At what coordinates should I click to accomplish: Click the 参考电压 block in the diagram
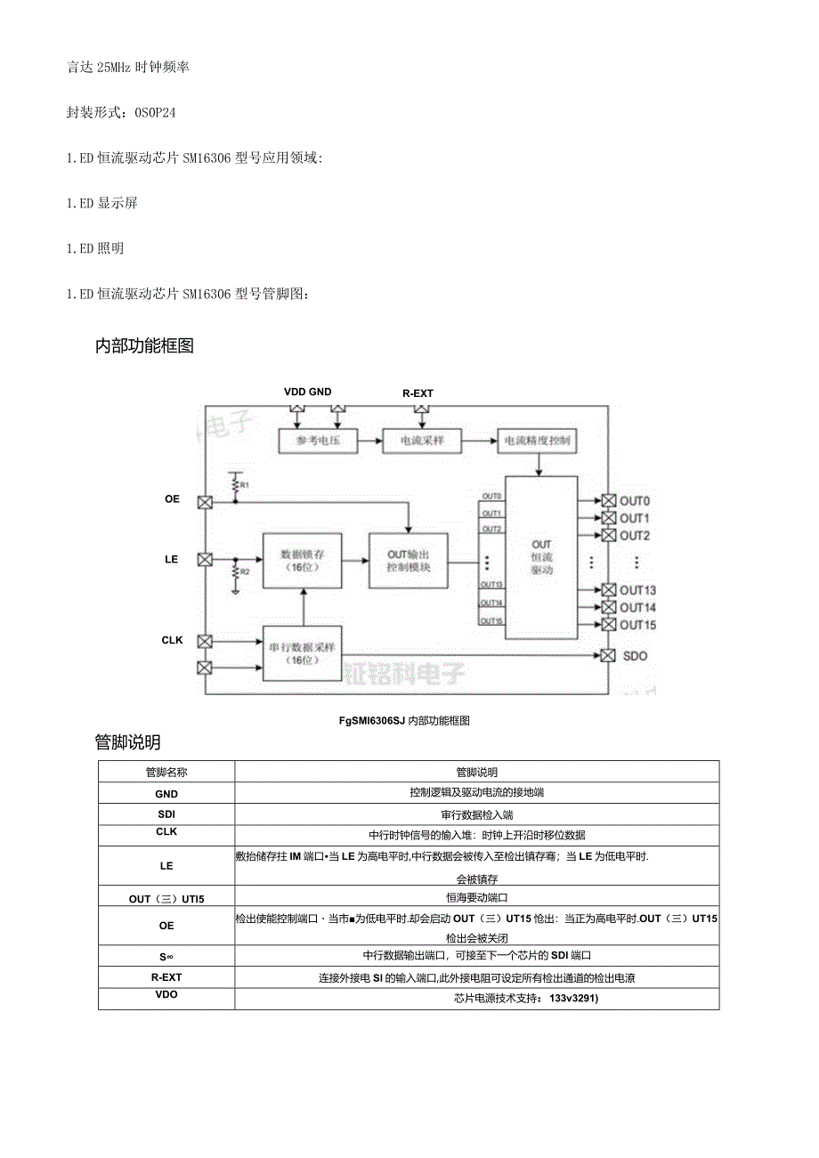(x=318, y=441)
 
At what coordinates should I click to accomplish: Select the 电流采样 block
(x=421, y=441)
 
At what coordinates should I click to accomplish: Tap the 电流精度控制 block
(x=537, y=441)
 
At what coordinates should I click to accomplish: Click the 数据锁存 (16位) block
(x=304, y=560)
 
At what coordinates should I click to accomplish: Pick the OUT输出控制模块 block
(x=409, y=561)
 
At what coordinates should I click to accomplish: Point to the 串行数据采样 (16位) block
(x=303, y=653)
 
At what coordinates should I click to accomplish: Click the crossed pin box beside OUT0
(x=609, y=500)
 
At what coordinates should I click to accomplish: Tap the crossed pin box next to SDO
(x=609, y=656)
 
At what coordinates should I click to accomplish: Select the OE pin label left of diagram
(x=172, y=499)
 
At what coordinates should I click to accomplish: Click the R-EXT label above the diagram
(x=418, y=393)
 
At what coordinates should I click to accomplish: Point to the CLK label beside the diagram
(x=172, y=640)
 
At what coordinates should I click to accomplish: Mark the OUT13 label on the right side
(x=638, y=590)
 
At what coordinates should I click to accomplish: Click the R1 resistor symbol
(x=235, y=484)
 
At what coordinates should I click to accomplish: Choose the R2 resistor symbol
(x=235, y=571)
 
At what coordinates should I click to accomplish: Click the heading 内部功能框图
(x=144, y=347)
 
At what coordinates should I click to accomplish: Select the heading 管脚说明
(x=127, y=742)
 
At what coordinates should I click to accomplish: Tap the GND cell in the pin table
(x=166, y=794)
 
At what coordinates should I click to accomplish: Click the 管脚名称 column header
(x=166, y=773)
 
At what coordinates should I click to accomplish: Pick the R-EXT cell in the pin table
(x=166, y=977)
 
